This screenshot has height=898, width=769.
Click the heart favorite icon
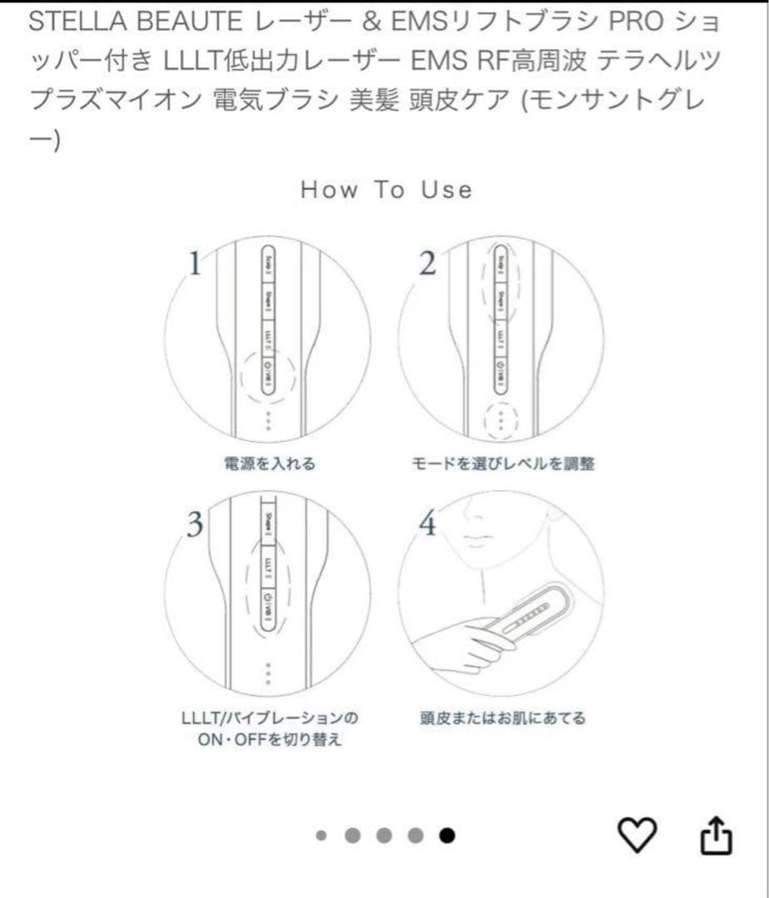point(638,835)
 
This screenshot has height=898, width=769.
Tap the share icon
point(716,835)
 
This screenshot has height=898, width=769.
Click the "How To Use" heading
point(386,190)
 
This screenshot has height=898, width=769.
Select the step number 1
point(195,264)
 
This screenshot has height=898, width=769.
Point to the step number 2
point(427,264)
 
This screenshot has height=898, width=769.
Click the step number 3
point(195,525)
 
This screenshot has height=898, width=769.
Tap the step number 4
point(427,525)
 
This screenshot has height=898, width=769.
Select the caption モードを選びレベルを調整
point(503,464)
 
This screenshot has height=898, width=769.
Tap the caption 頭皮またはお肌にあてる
point(502,718)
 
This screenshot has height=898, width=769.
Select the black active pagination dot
point(447,836)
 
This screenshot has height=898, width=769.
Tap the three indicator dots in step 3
point(268,673)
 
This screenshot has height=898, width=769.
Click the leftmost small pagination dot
point(322,836)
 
